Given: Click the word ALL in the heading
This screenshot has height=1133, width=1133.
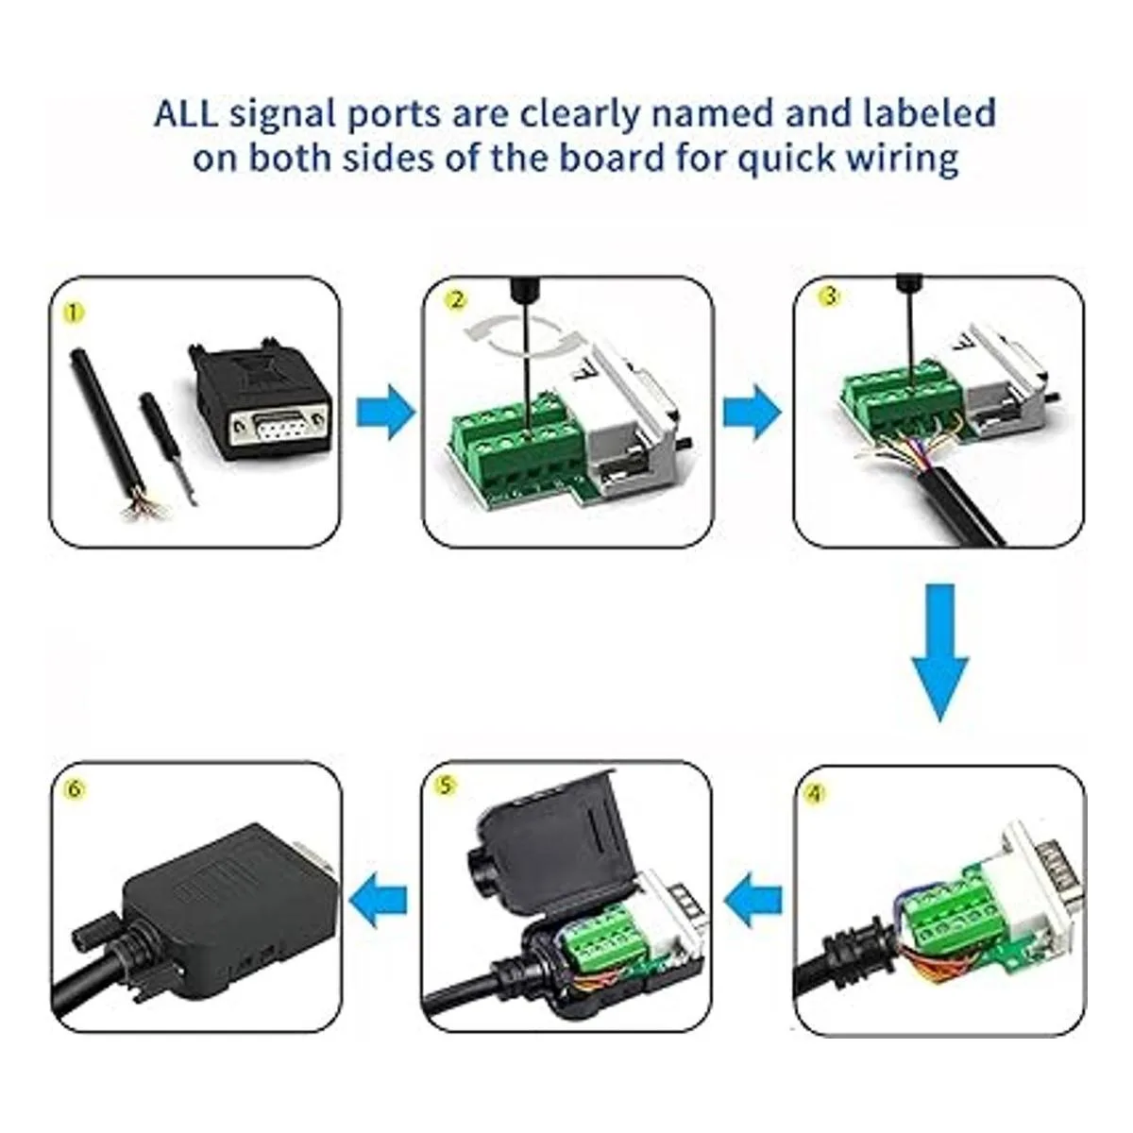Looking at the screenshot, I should [x=186, y=114].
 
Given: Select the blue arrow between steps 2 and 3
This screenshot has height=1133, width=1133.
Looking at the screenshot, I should [x=752, y=412].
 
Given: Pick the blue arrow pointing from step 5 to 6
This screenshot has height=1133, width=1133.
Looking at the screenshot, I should [x=380, y=894].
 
